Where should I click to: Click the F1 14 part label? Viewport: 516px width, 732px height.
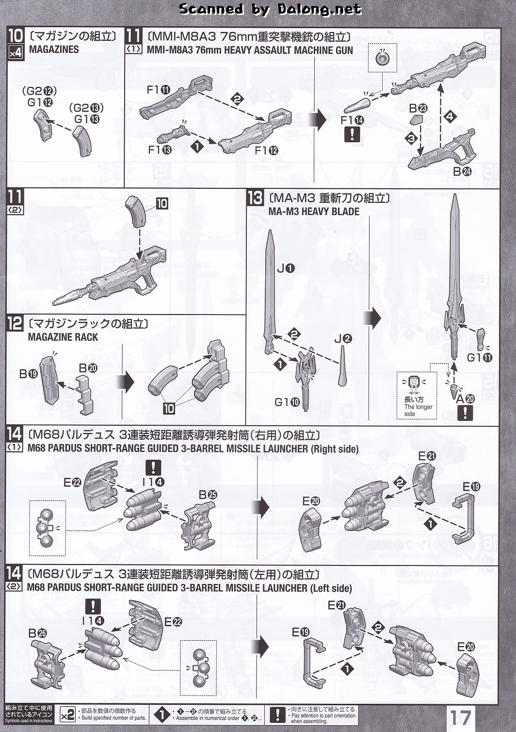(352, 120)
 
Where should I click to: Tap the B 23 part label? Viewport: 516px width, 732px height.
(418, 108)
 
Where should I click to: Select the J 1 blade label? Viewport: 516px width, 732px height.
(286, 268)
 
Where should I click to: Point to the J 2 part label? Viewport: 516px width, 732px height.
(343, 339)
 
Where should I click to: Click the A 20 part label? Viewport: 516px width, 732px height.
(466, 399)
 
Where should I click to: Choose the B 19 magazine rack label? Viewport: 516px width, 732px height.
(29, 374)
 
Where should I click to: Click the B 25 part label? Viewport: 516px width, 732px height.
(208, 495)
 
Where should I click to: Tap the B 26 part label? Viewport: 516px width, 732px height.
(37, 633)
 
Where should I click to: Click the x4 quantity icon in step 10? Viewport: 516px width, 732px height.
(15, 52)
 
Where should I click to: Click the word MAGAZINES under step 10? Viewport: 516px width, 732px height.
(54, 50)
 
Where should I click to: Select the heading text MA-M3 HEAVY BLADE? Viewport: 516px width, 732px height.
(314, 212)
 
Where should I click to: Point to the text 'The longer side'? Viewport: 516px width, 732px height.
(418, 410)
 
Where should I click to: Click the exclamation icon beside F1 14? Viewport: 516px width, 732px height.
(352, 134)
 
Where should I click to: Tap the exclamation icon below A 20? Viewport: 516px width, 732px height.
(465, 413)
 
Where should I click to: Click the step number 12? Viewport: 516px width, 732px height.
(15, 324)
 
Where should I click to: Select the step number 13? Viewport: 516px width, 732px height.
(255, 198)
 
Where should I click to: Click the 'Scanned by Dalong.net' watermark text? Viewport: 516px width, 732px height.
(270, 9)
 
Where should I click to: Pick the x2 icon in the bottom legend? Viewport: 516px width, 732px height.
(67, 715)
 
